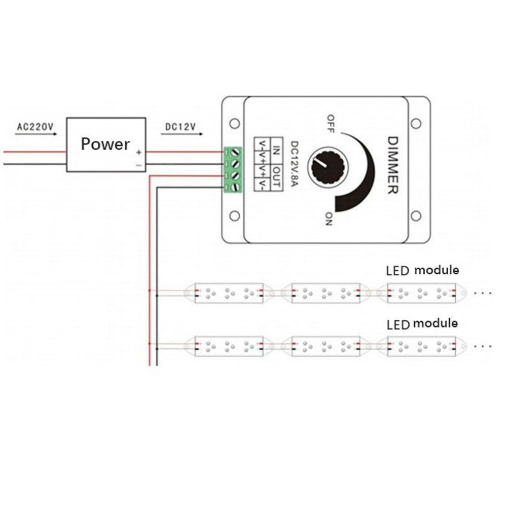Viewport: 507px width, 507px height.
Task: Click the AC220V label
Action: (35, 126)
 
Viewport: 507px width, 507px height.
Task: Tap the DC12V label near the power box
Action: (180, 127)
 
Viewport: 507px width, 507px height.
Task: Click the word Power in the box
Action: (105, 144)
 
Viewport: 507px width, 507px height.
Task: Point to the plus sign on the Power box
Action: (139, 152)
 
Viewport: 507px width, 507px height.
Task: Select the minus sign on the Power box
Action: (139, 165)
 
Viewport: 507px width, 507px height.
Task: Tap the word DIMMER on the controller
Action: (392, 165)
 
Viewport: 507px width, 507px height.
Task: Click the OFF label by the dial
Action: (331, 124)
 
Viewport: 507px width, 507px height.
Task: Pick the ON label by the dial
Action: (329, 219)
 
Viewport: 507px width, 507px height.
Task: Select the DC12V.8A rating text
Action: (294, 165)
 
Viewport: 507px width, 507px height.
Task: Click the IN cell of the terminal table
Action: (276, 151)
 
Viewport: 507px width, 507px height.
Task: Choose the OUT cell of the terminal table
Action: (276, 177)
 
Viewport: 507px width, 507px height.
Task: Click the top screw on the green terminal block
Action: (236, 152)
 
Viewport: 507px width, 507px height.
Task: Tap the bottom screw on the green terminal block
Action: (236, 187)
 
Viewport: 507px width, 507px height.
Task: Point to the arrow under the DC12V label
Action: (182, 134)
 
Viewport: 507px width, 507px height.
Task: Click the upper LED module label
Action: (423, 270)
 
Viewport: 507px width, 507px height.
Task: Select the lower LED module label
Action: (422, 324)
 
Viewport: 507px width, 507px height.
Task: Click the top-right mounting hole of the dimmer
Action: (416, 124)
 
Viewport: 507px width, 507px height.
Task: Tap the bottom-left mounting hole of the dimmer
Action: (234, 215)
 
